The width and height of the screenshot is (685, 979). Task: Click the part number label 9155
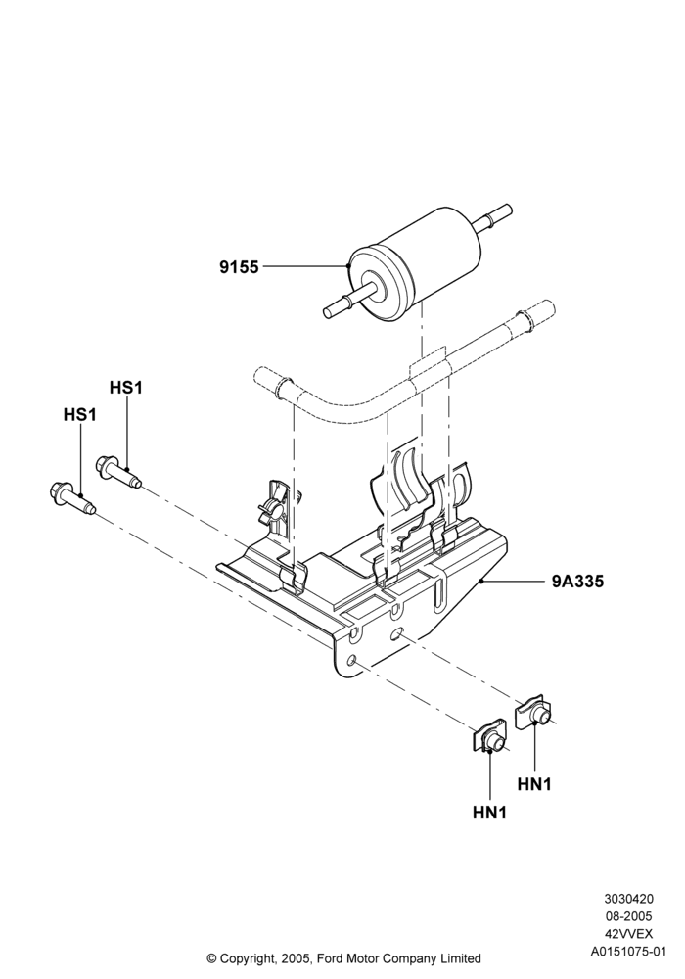pyautogui.click(x=239, y=267)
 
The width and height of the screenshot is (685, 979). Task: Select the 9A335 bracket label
pyautogui.click(x=577, y=582)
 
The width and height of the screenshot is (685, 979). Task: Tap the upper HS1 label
pyautogui.click(x=126, y=388)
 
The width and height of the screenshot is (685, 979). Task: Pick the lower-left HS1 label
pyautogui.click(x=80, y=414)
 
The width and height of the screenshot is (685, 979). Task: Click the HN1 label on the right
pyautogui.click(x=534, y=784)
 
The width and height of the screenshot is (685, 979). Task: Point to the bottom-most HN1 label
pyautogui.click(x=489, y=813)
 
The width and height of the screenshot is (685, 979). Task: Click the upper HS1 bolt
pyautogui.click(x=119, y=472)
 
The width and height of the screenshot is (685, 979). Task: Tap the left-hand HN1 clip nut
pyautogui.click(x=489, y=740)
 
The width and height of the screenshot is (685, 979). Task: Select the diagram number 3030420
pyautogui.click(x=628, y=899)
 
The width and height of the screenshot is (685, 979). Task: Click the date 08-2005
pyautogui.click(x=628, y=916)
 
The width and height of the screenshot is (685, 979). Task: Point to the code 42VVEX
pyautogui.click(x=628, y=934)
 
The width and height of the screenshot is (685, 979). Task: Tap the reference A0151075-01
pyautogui.click(x=628, y=952)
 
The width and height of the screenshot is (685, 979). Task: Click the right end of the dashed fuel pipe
pyautogui.click(x=549, y=305)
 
